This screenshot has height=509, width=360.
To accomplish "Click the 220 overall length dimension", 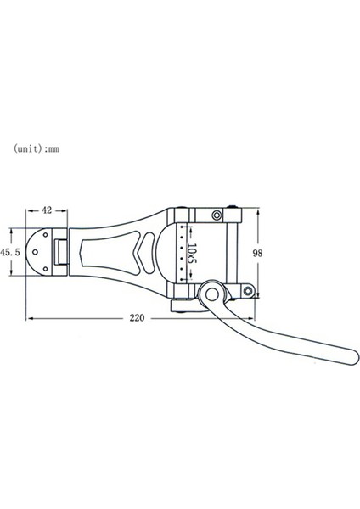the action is pyautogui.click(x=137, y=318).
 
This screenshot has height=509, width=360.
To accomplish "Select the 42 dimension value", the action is pyautogui.click(x=47, y=210).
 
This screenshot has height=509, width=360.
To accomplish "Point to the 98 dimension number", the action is pyautogui.click(x=257, y=253).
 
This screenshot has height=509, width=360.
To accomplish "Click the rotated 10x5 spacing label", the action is pyautogui.click(x=192, y=254).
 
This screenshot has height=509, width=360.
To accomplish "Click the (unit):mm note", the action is pyautogui.click(x=37, y=148).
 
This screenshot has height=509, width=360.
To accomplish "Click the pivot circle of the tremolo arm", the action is pyautogui.click(x=212, y=294).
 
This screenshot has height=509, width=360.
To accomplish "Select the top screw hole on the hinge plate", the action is pyautogui.click(x=46, y=235).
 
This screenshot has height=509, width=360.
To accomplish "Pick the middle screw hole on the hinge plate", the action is pyautogui.click(x=35, y=252).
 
